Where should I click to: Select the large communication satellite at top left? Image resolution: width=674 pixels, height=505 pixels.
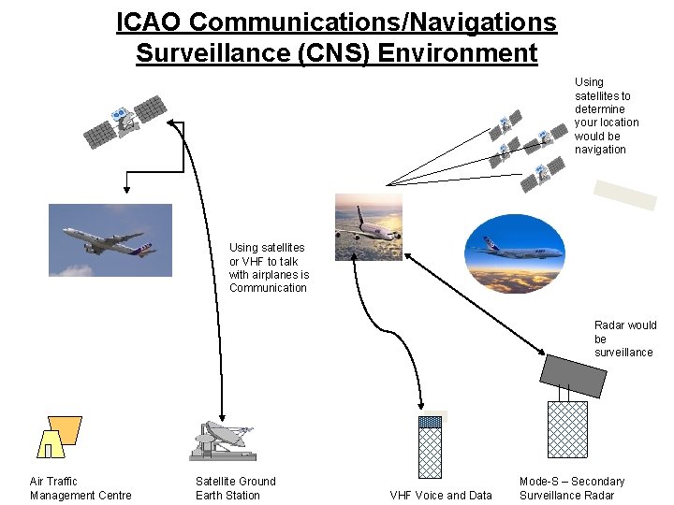pos(125,121)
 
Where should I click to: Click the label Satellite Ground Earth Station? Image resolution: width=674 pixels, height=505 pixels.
pos(235,488)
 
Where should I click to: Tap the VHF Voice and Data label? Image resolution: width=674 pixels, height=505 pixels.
pos(440,495)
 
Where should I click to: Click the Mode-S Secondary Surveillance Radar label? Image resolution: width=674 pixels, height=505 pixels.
pos(571,488)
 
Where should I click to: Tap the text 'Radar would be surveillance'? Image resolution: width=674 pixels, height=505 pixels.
pos(624,339)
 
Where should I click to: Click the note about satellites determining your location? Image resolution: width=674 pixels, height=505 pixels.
pos(606,116)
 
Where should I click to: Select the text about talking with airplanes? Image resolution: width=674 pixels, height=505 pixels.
pos(269,267)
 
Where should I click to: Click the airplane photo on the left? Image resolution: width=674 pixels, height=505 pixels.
pos(110,239)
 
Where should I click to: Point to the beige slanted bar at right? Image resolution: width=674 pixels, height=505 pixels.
pos(626,194)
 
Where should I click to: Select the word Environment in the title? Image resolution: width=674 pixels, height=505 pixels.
pos(458,52)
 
